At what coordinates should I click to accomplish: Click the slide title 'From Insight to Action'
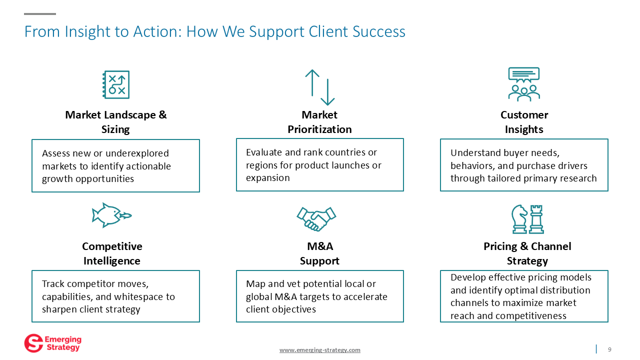[x=214, y=32]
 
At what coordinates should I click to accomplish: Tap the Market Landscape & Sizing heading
[x=115, y=122]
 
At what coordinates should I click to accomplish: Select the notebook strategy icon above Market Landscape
[x=116, y=84]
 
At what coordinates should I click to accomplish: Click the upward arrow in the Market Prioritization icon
[x=312, y=82]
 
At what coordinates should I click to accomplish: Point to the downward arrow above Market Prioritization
[x=327, y=92]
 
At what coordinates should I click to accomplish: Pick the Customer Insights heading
[x=524, y=122]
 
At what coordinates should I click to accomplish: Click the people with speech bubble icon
[x=523, y=84]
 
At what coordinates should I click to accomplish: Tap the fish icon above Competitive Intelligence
[x=111, y=215]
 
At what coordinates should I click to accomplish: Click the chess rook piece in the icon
[x=536, y=219]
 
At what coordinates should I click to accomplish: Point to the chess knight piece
[x=519, y=219]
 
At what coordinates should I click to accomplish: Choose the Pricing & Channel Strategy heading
[x=527, y=253]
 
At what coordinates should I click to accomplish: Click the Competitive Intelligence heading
[x=112, y=253]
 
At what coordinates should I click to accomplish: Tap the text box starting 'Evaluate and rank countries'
[x=319, y=165]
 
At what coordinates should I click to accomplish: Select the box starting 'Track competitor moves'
[x=115, y=296]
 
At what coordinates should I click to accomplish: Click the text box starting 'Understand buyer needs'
[x=523, y=165]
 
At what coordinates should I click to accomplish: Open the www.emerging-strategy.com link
[x=319, y=350]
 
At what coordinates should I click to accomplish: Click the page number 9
[x=609, y=349]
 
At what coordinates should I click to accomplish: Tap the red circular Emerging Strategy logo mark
[x=33, y=343]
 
